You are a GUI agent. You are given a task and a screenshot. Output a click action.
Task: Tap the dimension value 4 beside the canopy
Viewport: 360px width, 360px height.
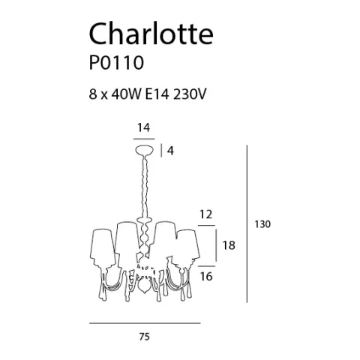point(171,151)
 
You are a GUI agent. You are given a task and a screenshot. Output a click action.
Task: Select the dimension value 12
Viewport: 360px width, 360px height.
point(205,214)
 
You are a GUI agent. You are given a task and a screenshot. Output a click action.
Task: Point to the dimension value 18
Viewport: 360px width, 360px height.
point(231,245)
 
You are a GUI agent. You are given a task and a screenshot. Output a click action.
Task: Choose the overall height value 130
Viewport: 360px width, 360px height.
point(262,224)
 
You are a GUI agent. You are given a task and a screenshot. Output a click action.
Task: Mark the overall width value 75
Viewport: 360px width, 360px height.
point(145,337)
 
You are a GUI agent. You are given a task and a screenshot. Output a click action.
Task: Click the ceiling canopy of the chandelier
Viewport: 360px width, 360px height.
point(145,150)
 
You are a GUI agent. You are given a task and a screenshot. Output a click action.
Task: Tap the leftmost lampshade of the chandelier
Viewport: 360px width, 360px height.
point(103,240)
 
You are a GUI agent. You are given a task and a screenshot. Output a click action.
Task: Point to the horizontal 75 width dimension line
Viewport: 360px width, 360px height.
point(145,322)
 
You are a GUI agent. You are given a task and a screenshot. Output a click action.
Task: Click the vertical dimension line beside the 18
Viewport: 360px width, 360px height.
point(217,245)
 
